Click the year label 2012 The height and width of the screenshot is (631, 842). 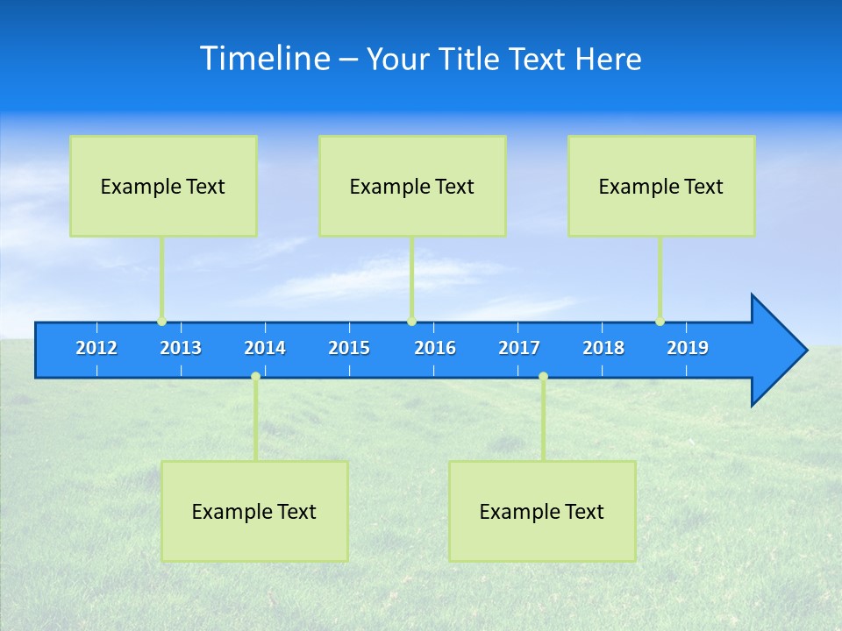click(x=96, y=348)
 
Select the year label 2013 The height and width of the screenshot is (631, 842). click(x=181, y=348)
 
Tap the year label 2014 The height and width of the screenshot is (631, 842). click(x=265, y=348)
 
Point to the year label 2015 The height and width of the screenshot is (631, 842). click(x=349, y=348)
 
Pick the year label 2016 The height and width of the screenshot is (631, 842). click(x=435, y=348)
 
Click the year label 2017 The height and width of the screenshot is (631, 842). click(x=519, y=348)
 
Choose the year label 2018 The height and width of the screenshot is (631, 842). click(x=603, y=348)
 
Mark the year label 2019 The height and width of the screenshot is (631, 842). click(x=688, y=348)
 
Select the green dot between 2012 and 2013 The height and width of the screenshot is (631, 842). click(x=161, y=322)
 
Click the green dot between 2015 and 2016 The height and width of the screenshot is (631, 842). click(x=411, y=322)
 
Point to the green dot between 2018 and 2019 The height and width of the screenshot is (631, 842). click(x=660, y=322)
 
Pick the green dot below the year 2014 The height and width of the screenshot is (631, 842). click(x=255, y=377)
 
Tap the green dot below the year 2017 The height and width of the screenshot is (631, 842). click(x=543, y=377)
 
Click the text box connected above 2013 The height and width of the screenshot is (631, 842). click(x=163, y=186)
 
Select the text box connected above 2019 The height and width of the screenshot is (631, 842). click(x=661, y=186)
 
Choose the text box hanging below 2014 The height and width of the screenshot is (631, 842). click(x=254, y=511)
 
